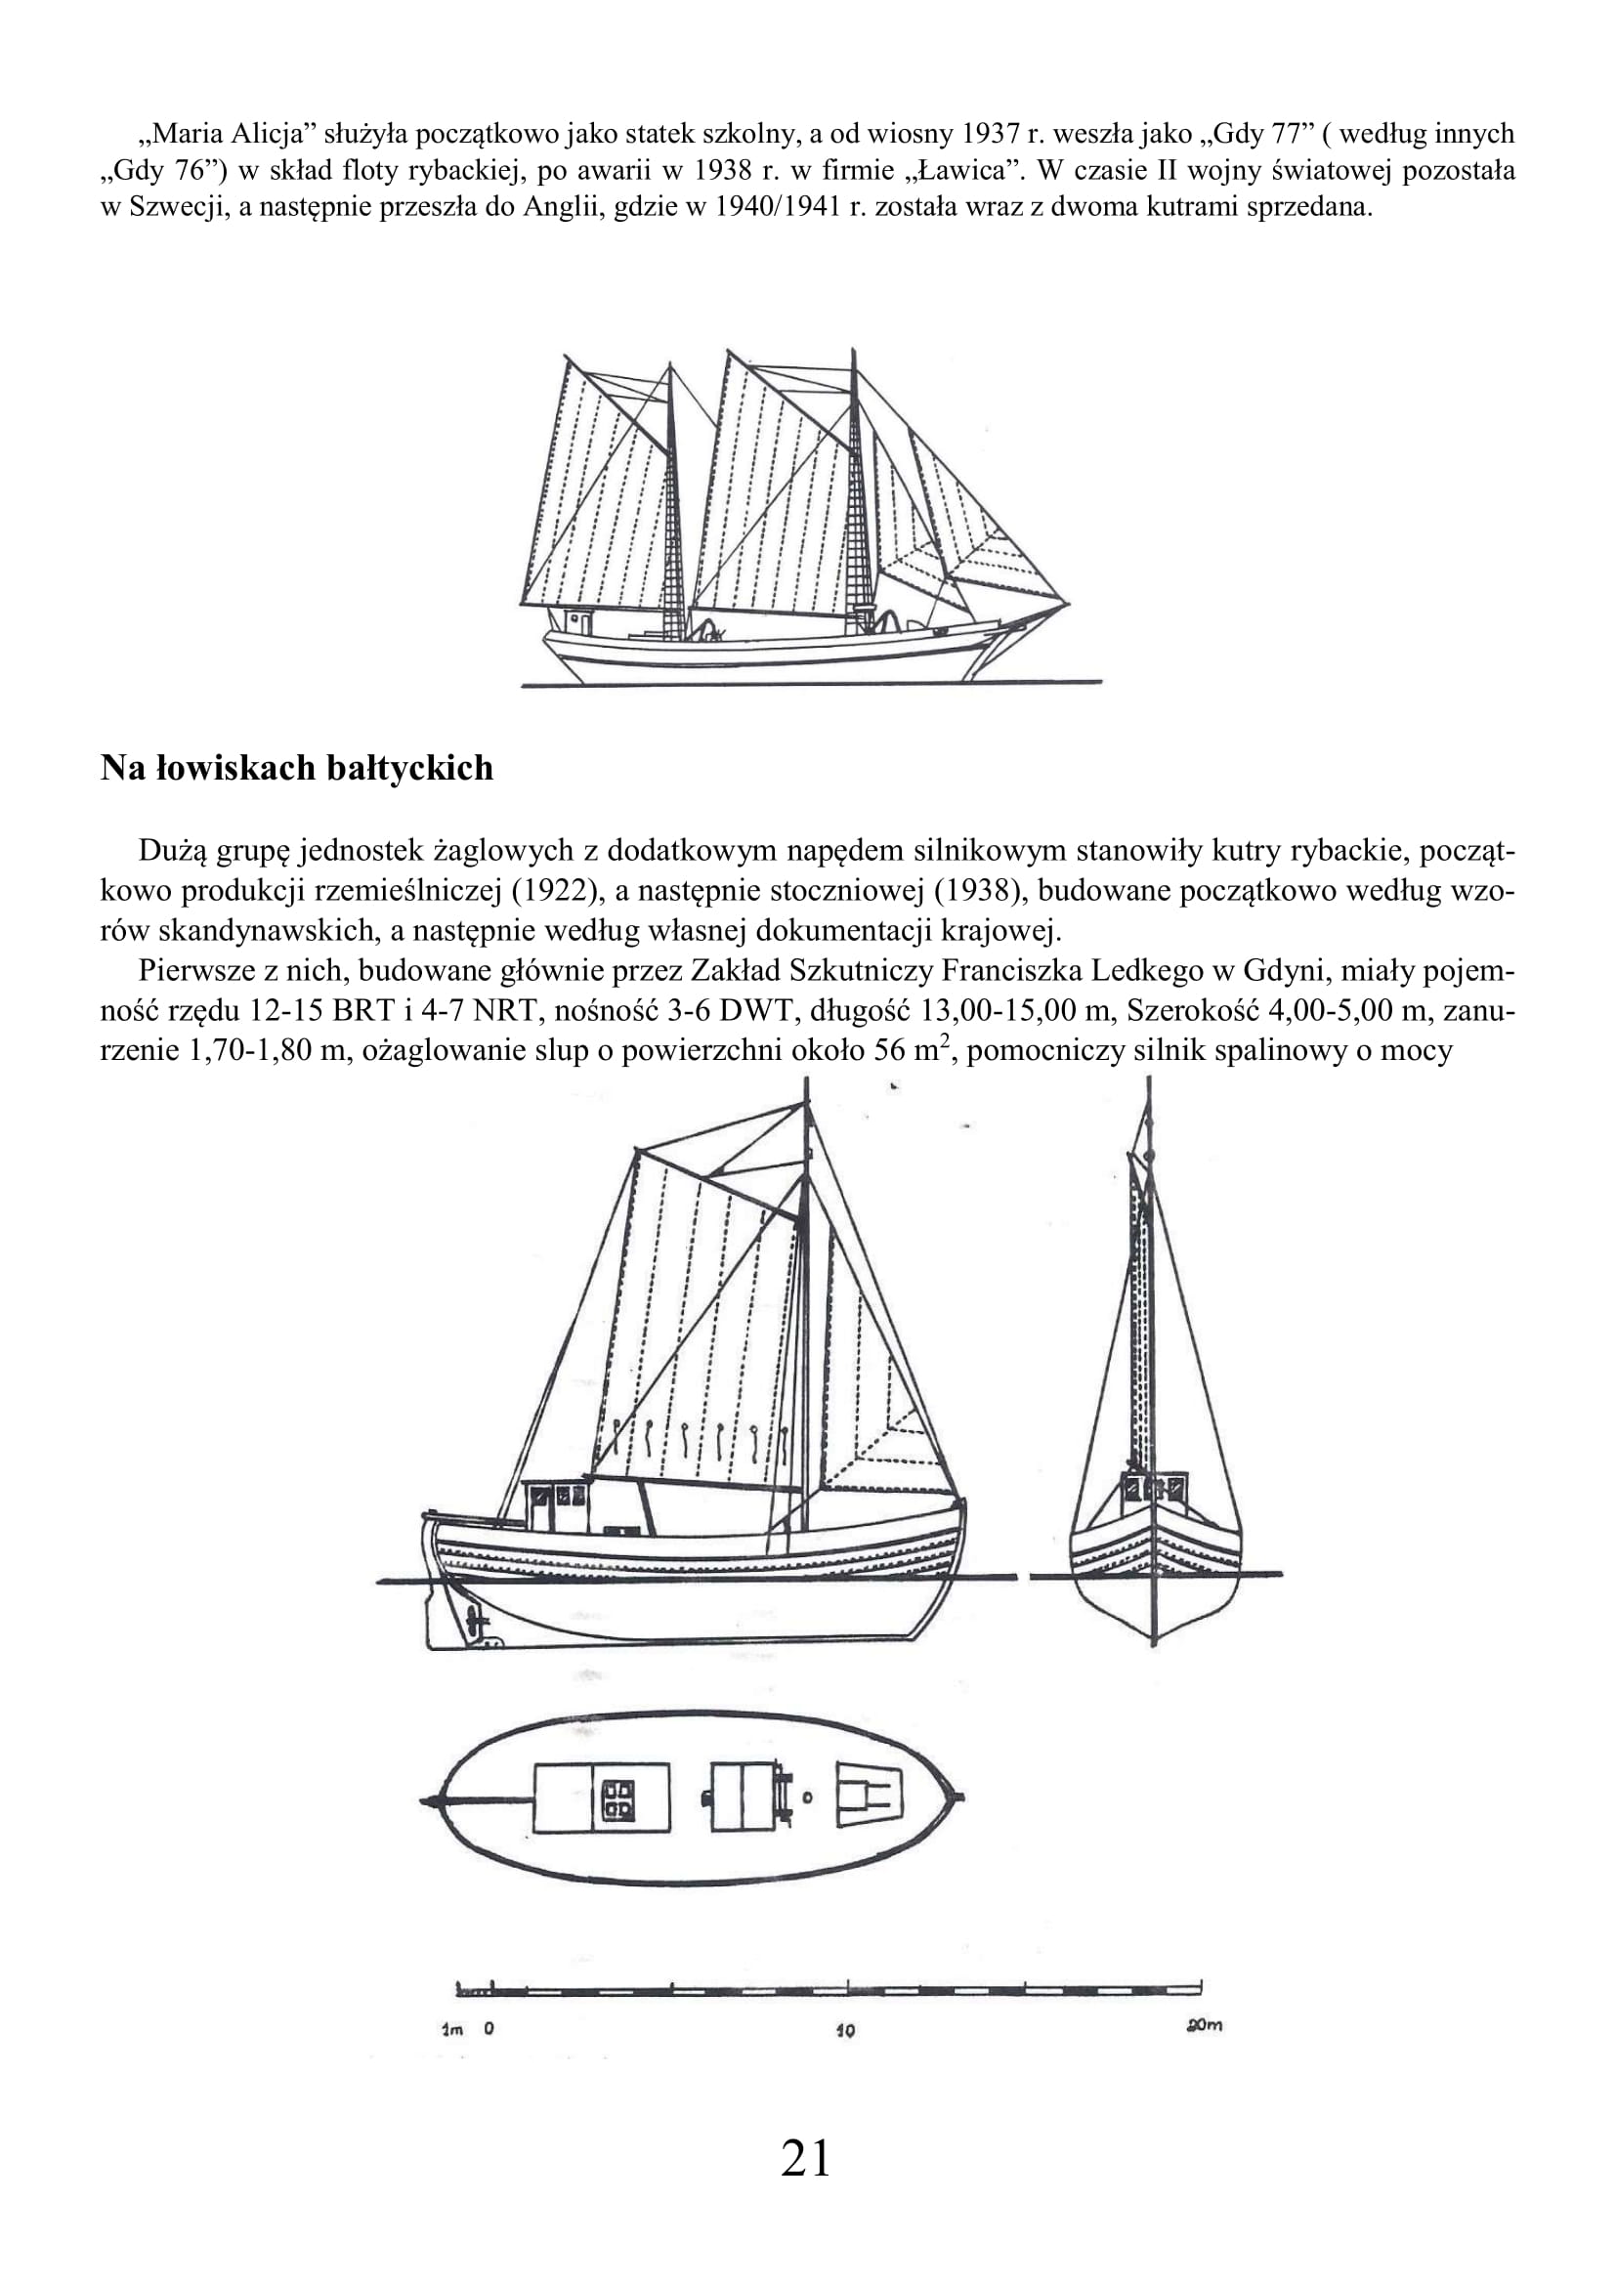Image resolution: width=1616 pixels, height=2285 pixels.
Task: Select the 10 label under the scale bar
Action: [x=846, y=2030]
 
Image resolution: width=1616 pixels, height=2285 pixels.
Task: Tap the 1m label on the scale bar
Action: [x=452, y=2029]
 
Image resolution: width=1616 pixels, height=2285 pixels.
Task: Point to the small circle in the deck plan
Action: [x=807, y=1798]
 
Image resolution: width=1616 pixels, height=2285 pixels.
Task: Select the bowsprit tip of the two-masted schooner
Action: [x=1067, y=603]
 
